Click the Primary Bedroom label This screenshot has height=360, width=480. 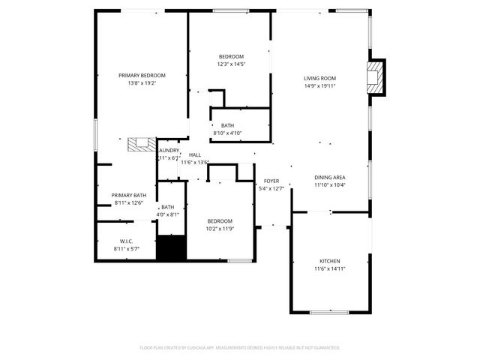tap(142, 75)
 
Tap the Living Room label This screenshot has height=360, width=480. tap(319, 78)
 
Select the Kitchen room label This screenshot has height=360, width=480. tap(329, 261)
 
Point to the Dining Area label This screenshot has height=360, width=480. tap(329, 177)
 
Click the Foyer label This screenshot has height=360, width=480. tap(271, 181)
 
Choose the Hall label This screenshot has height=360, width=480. tap(195, 154)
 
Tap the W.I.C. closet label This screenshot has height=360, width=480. tap(126, 241)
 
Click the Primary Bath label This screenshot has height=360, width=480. tap(129, 195)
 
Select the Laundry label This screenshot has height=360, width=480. tap(168, 151)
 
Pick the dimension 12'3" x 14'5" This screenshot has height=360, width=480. tap(231, 64)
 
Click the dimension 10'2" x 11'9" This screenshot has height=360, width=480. tap(220, 228)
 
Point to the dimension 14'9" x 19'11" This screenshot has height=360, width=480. tap(319, 85)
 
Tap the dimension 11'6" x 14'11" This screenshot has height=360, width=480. tap(329, 268)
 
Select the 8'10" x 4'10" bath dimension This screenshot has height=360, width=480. tap(227, 133)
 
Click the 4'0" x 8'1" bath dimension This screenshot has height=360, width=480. tap(167, 214)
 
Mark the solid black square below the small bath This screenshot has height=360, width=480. tap(170, 248)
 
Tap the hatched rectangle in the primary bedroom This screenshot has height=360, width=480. tap(140, 145)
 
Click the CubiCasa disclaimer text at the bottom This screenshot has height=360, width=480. tap(240, 347)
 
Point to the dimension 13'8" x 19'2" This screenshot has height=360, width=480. tap(142, 82)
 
